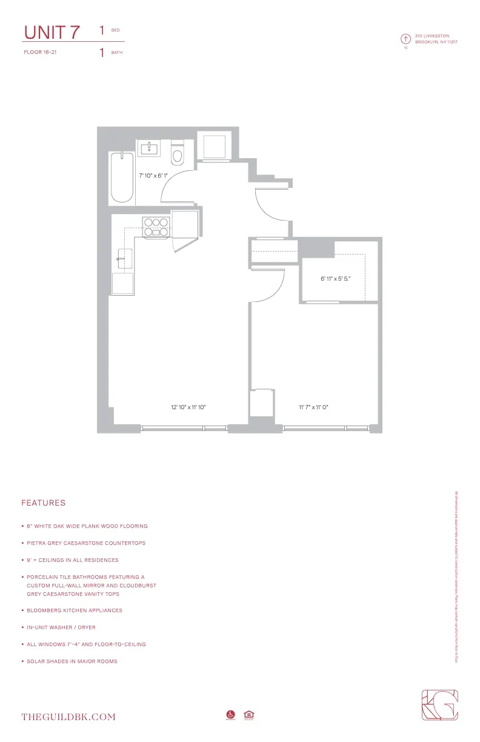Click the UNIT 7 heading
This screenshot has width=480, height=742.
52,32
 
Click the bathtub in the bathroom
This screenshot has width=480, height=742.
122,177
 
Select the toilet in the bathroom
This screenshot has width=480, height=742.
178,154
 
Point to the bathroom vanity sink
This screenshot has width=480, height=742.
148,148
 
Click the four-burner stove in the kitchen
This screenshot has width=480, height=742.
156,226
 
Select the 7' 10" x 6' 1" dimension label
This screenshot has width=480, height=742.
153,175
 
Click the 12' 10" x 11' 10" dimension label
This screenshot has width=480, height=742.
188,407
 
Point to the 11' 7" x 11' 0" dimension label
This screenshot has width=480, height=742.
313,407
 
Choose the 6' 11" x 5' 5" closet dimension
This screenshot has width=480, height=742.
336,279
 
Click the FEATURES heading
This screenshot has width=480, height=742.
43,503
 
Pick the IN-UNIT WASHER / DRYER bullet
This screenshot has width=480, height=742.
61,627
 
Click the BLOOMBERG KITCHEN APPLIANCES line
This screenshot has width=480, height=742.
75,610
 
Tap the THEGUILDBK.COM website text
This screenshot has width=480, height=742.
68,717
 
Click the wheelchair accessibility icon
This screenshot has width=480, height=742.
230,715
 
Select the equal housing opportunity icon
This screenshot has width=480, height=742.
248,715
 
